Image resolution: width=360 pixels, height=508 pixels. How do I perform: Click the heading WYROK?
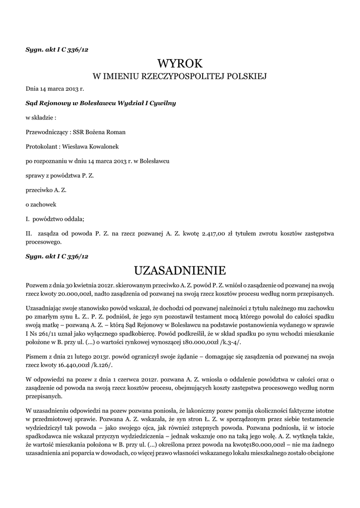click(x=180, y=63)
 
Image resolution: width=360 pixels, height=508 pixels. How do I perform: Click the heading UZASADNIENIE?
click(x=180, y=270)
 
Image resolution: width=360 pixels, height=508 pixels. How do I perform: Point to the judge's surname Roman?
click(x=117, y=132)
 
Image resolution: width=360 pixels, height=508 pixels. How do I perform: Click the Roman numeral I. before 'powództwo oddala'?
click(x=28, y=218)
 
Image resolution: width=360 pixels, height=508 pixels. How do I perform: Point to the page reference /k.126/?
click(x=104, y=365)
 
